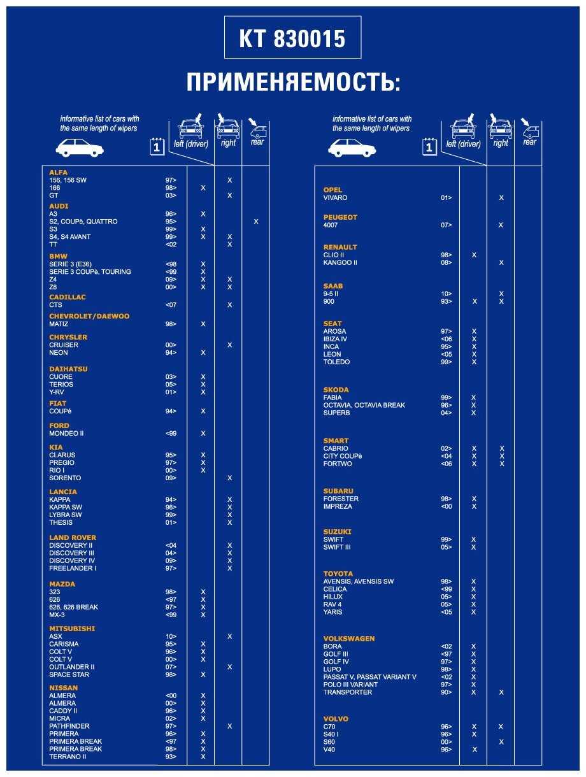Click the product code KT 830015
tap(292, 39)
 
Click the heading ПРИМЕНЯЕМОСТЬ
tap(293, 83)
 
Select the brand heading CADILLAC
tap(68, 297)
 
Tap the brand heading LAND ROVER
tap(73, 538)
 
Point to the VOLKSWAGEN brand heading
tap(349, 639)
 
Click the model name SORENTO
tap(65, 478)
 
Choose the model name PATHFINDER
tap(69, 726)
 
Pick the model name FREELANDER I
tap(73, 568)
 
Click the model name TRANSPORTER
tap(348, 692)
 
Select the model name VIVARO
tap(336, 197)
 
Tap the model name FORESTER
tap(341, 499)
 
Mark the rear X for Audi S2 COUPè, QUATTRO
tap(256, 222)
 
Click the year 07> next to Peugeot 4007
tap(447, 225)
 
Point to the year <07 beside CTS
tap(171, 305)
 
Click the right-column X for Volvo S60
tap(501, 742)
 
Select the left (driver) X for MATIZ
tap(203, 324)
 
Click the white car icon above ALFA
tap(80, 148)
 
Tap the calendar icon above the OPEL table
tap(430, 147)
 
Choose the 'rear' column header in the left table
tap(257, 142)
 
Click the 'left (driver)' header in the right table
tap(464, 144)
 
